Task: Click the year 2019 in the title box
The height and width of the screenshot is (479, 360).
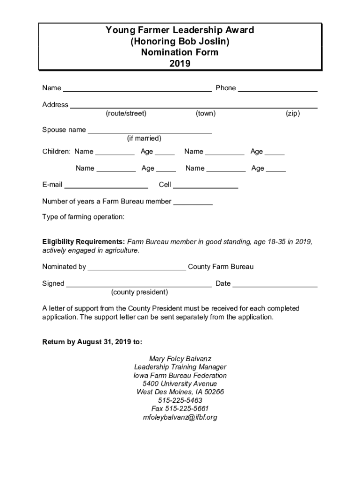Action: [180, 64]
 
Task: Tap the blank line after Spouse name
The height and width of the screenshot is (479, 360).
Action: [150, 131]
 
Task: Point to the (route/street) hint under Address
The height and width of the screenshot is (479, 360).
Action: [126, 114]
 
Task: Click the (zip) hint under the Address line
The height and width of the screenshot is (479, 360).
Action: [293, 114]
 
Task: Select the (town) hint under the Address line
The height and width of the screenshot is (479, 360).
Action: [205, 114]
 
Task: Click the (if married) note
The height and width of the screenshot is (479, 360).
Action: [144, 138]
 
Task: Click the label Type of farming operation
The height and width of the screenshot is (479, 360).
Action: [83, 217]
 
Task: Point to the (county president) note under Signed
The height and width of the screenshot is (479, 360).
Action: [139, 292]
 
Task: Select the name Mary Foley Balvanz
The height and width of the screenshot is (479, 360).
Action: [180, 359]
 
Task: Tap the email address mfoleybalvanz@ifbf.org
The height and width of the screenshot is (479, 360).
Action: [180, 417]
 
